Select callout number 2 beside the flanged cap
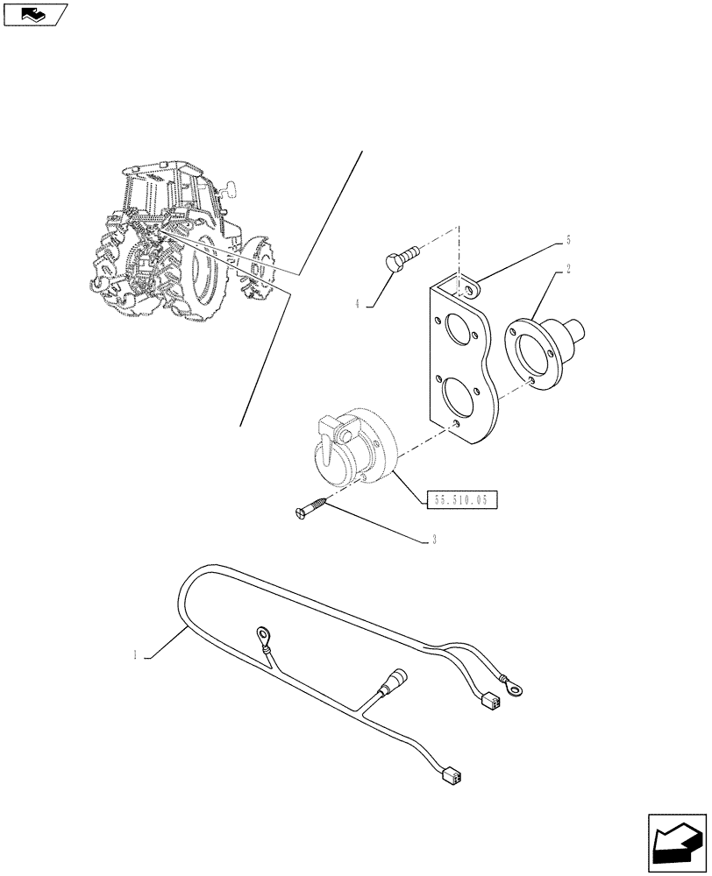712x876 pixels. [569, 269]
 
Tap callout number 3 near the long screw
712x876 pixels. [434, 540]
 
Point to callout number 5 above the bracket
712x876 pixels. [569, 239]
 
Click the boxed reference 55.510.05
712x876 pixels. [462, 500]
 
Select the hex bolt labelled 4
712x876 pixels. [400, 260]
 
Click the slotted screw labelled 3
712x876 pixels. [311, 508]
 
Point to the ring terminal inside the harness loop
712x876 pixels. [262, 632]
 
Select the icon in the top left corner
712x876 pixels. [34, 14]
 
